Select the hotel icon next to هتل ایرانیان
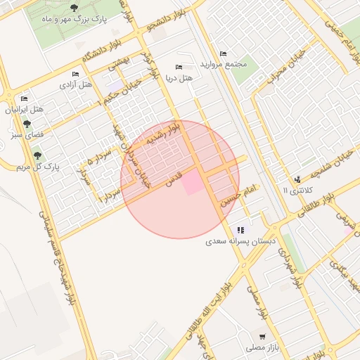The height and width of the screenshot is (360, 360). [25, 98]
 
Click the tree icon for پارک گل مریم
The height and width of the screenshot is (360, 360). [37, 155]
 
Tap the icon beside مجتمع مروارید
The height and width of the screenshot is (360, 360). [224, 54]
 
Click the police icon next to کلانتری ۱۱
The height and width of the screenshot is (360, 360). [297, 179]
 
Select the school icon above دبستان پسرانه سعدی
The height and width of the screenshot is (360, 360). [241, 229]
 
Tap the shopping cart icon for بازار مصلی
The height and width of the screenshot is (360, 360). [262, 336]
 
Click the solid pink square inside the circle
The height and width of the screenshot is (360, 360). [191, 185]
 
